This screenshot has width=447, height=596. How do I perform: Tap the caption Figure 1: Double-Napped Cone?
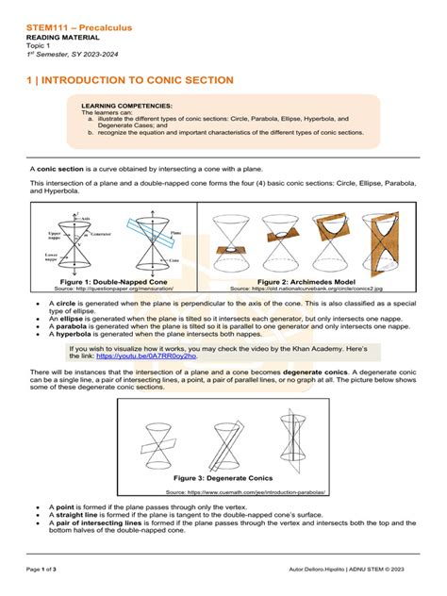pos(113,281)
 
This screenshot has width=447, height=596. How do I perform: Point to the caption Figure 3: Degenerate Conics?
pos(223,478)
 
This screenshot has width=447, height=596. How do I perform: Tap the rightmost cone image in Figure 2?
pos(382,240)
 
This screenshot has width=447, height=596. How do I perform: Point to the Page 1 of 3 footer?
pos(43,571)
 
